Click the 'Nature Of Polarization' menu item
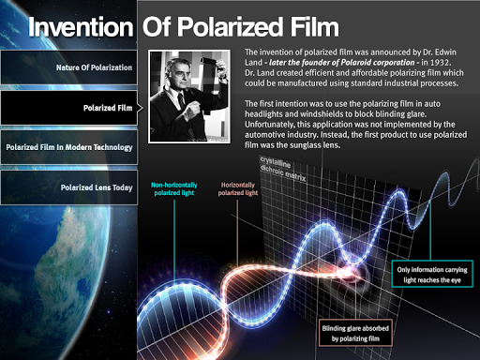[68, 67]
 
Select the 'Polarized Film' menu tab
[68, 108]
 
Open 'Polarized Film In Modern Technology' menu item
[68, 147]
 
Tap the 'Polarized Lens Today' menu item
[68, 187]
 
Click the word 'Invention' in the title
[81, 27]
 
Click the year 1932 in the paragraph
[440, 63]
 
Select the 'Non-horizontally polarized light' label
[174, 188]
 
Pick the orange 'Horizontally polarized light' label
[238, 188]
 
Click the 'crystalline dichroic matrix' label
[283, 169]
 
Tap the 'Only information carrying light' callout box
[432, 274]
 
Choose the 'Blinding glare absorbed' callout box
[355, 333]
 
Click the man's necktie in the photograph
[182, 100]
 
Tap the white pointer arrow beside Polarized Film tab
[140, 108]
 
